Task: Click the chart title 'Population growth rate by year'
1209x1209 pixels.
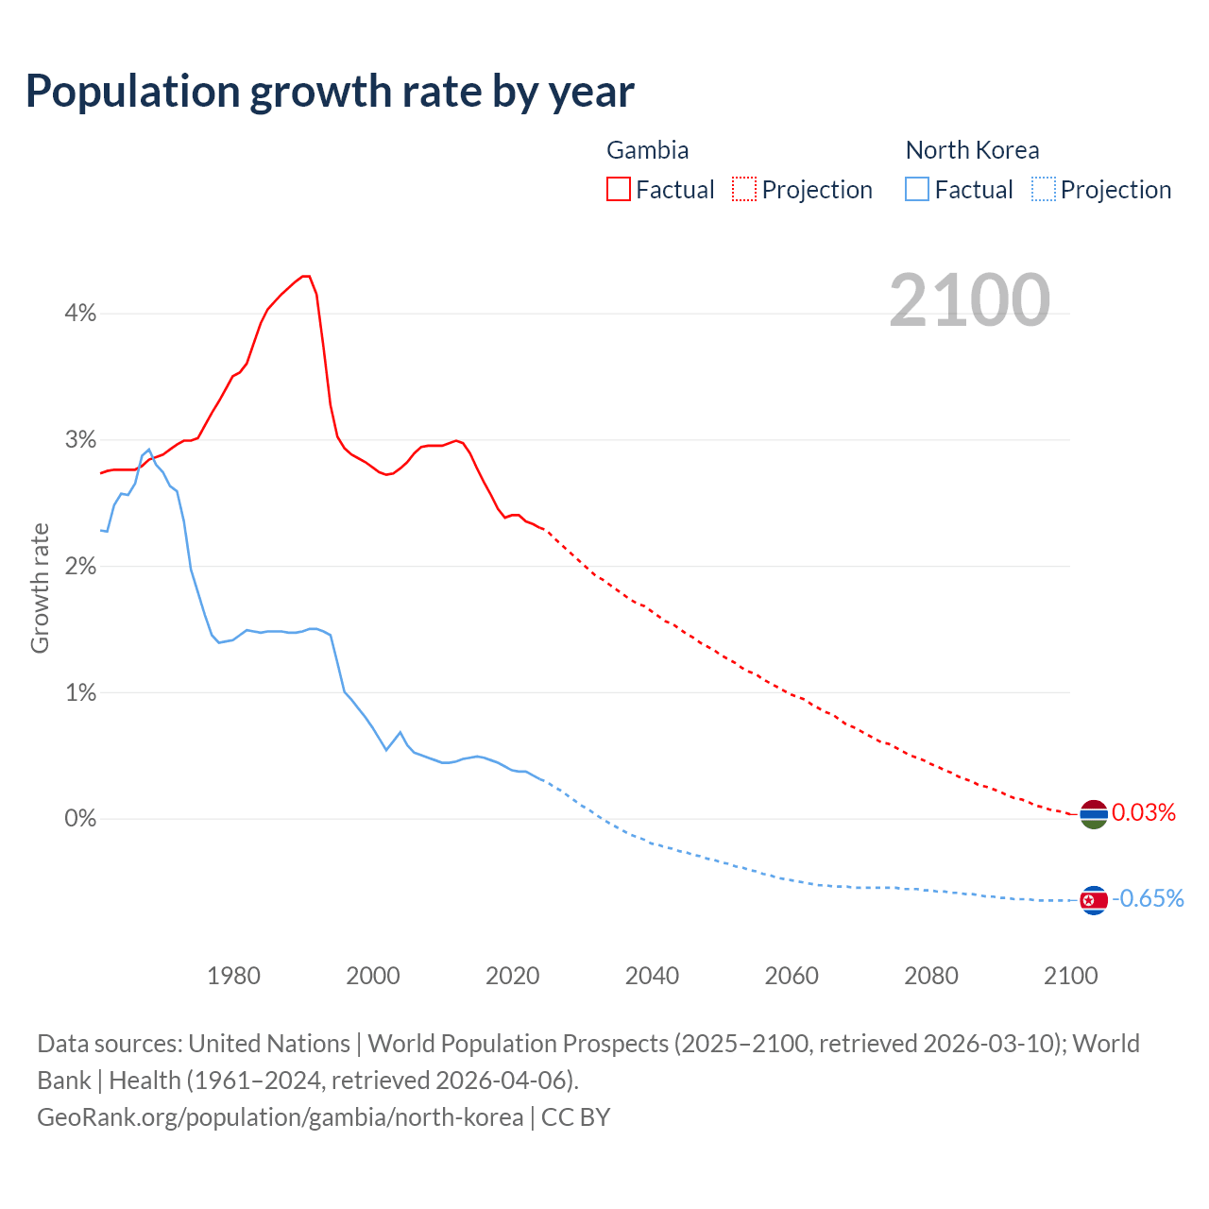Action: (330, 92)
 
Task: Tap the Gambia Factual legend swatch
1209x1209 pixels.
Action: (619, 189)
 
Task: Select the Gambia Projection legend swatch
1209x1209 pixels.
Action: (744, 189)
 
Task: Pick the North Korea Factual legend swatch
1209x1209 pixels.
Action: (917, 189)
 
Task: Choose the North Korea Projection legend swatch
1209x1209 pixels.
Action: (1043, 189)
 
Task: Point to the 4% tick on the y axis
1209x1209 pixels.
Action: (80, 314)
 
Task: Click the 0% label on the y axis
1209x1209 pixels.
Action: (80, 819)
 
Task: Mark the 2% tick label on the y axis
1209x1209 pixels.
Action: (80, 567)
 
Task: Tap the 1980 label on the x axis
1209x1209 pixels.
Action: (233, 976)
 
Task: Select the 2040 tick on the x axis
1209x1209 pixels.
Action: (652, 976)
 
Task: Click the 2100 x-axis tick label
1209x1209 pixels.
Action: (1070, 976)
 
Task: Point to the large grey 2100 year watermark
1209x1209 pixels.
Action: (969, 300)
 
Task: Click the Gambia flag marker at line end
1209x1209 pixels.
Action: (1094, 813)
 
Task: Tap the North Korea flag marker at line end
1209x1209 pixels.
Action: (1094, 900)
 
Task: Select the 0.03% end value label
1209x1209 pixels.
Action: (1144, 813)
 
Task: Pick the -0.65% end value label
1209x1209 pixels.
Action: (1148, 899)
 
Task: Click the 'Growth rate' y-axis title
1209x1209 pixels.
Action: (40, 587)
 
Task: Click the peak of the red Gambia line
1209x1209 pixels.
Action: (305, 277)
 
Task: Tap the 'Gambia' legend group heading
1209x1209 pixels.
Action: (647, 150)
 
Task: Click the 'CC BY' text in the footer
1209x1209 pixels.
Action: (575, 1117)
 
